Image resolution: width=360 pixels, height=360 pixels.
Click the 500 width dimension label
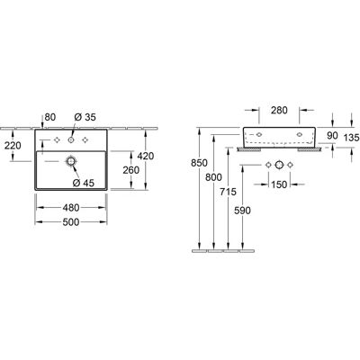tap(71, 222)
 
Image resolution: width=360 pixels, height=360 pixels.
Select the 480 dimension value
tap(71, 208)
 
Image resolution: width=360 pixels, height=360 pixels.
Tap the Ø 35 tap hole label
tap(85, 117)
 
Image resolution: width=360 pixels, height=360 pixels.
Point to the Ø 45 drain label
tap(84, 183)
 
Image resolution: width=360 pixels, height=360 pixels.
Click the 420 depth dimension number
tap(146, 156)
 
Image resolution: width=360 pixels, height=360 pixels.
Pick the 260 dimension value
tap(131, 170)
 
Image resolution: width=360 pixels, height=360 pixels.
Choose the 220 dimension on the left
tap(13, 146)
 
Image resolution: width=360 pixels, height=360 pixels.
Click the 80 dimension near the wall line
tap(50, 117)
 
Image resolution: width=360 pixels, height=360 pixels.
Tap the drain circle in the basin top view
tap(71, 161)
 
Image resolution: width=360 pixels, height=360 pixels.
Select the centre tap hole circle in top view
tap(71, 139)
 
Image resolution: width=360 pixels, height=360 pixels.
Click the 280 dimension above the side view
tap(279, 110)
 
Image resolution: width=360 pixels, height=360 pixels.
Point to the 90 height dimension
tap(332, 136)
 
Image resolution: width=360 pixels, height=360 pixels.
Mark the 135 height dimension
tap(351, 138)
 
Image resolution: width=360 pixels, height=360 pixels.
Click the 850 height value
tap(199, 163)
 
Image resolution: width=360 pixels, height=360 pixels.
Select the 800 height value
tap(213, 177)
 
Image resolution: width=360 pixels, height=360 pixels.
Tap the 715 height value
tap(228, 192)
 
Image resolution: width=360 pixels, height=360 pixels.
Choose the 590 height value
tap(242, 211)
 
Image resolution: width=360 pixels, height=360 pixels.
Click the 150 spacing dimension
tap(279, 184)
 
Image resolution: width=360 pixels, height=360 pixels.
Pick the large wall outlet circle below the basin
tap(279, 165)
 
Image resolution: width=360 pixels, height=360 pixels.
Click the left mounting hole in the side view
tap(259, 134)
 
